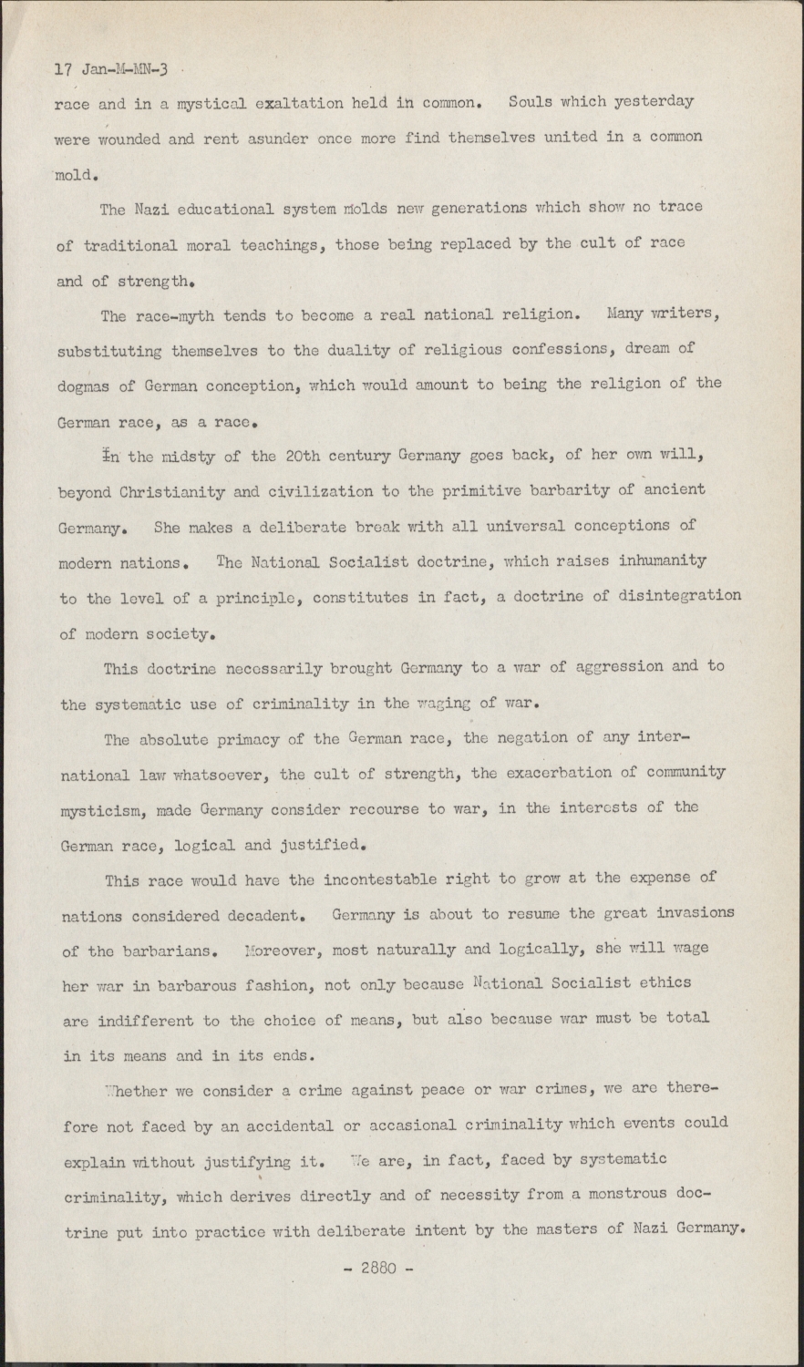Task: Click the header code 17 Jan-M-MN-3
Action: tap(111, 68)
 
